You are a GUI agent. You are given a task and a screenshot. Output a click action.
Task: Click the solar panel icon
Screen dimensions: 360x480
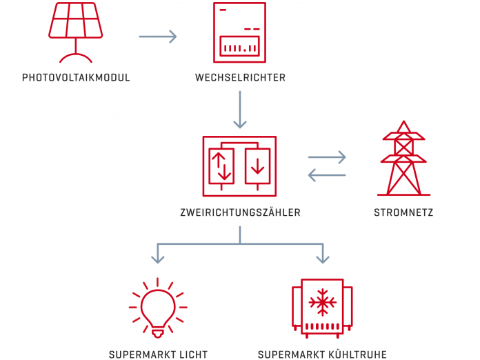[75, 22]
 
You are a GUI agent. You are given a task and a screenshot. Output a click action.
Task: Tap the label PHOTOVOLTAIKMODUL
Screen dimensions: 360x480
[76, 78]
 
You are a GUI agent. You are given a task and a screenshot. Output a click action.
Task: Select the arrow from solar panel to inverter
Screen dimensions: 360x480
[158, 36]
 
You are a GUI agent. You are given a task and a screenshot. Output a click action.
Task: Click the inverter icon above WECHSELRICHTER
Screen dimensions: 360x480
[239, 31]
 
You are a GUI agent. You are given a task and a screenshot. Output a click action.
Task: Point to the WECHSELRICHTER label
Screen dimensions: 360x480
[240, 78]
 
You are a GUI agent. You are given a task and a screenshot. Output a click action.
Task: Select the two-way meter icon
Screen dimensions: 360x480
[239, 166]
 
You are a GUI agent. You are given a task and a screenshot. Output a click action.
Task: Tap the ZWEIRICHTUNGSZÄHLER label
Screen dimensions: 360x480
[240, 213]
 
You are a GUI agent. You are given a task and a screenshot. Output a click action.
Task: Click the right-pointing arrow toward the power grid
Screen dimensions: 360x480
[327, 157]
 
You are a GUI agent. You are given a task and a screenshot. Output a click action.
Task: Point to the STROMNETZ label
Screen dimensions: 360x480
[404, 213]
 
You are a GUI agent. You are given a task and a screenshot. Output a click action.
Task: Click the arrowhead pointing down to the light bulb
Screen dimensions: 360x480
[158, 258]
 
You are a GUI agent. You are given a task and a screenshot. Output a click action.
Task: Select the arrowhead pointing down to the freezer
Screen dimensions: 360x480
[321, 258]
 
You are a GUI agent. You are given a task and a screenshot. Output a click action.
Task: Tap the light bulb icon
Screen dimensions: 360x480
[157, 306]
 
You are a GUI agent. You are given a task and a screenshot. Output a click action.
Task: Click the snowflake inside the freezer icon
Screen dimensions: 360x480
[321, 301]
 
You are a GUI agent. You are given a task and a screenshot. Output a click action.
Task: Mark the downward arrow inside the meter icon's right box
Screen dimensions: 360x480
[258, 166]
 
